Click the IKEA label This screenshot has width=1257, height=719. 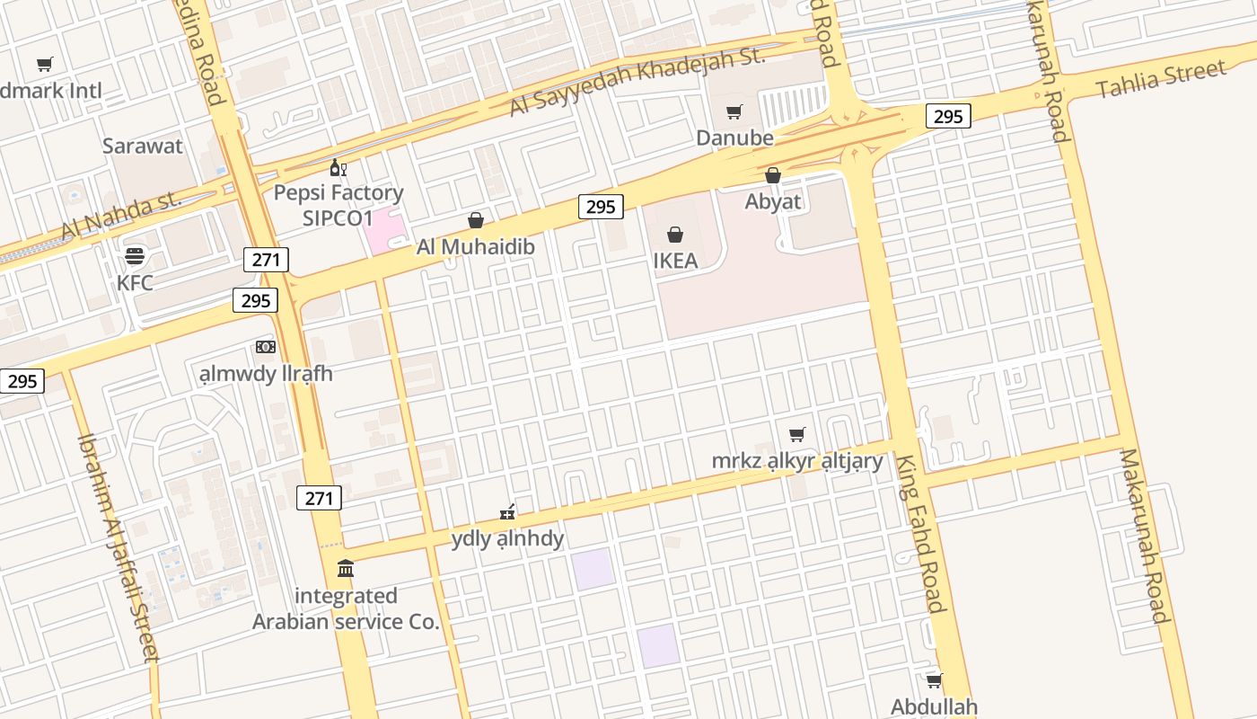pyautogui.click(x=675, y=261)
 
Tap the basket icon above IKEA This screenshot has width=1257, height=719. pyautogui.click(x=675, y=235)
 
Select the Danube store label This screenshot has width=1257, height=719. pyautogui.click(x=734, y=138)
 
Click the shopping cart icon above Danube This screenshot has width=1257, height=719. pyautogui.click(x=734, y=112)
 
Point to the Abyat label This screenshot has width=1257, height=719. pyautogui.click(x=773, y=201)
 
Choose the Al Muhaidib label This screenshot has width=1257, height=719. pyautogui.click(x=476, y=246)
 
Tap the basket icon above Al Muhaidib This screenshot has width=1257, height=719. pyautogui.click(x=476, y=221)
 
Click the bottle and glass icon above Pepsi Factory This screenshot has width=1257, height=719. pyautogui.click(x=338, y=167)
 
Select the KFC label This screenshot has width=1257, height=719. pyautogui.click(x=135, y=282)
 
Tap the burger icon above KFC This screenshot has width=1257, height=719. pyautogui.click(x=135, y=257)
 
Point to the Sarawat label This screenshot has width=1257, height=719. pyautogui.click(x=143, y=146)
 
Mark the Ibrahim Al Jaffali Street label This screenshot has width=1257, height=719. pyautogui.click(x=118, y=548)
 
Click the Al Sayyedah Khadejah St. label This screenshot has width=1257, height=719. pyautogui.click(x=637, y=81)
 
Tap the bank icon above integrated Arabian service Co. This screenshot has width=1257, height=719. pyautogui.click(x=346, y=569)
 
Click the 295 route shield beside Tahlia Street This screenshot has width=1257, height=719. pyautogui.click(x=948, y=116)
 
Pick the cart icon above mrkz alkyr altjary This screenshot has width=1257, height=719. pyautogui.click(x=797, y=435)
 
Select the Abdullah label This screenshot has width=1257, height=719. pyautogui.click(x=934, y=706)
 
